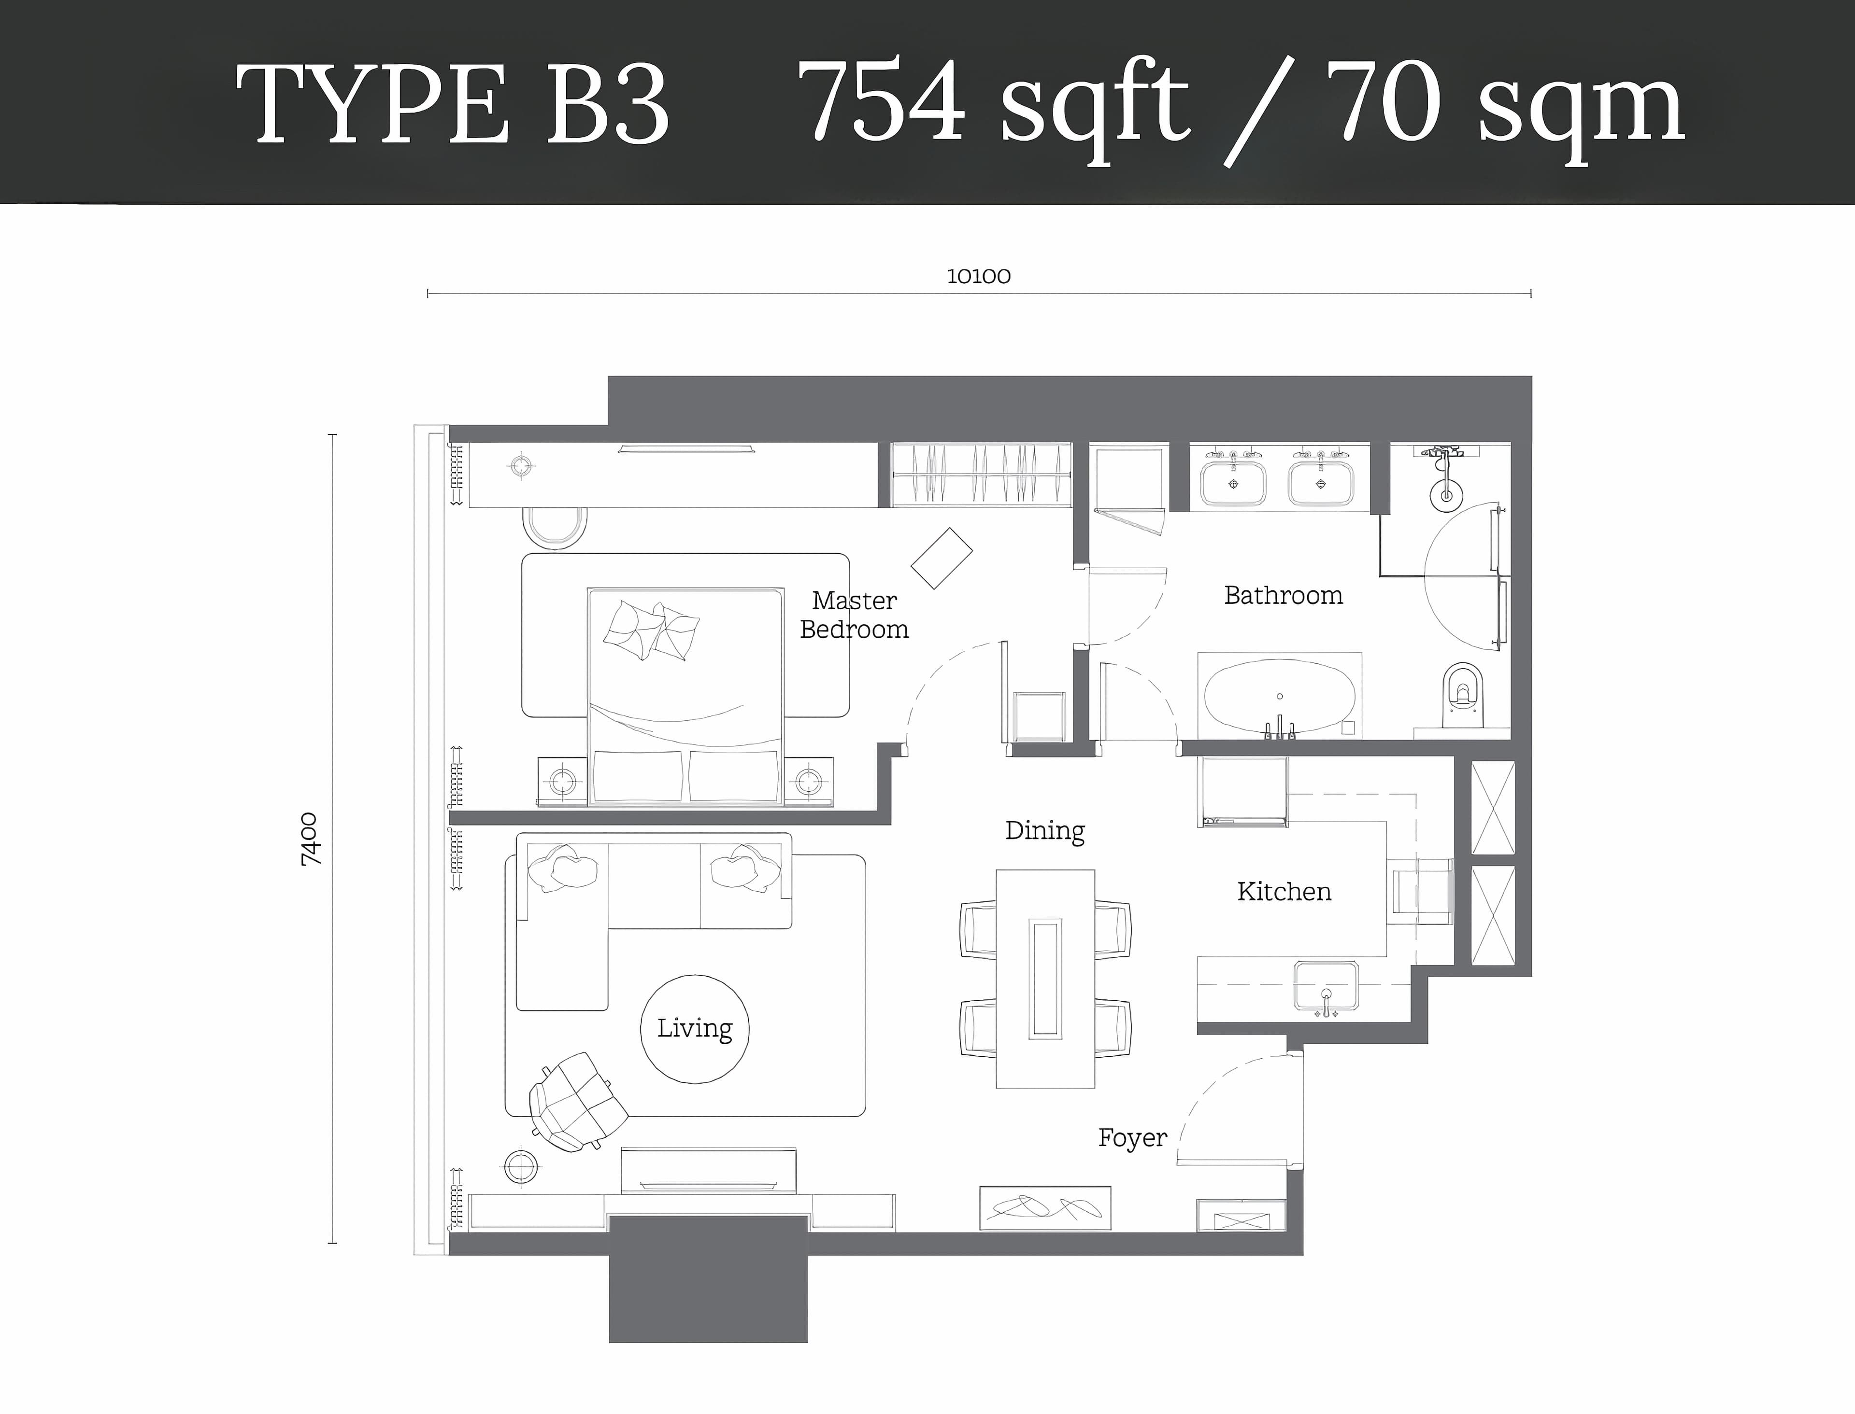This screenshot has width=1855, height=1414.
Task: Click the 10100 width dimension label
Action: (x=978, y=276)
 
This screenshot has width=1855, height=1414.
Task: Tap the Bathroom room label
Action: (x=1283, y=595)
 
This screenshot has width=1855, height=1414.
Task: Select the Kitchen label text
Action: (x=1284, y=891)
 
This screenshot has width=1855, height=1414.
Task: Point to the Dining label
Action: (x=1045, y=831)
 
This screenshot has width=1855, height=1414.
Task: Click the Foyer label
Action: (x=1132, y=1138)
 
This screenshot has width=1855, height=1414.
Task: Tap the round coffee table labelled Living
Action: (x=695, y=1028)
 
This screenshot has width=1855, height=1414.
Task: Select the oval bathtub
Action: (x=1280, y=697)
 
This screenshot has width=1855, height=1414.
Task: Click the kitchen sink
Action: (x=1326, y=986)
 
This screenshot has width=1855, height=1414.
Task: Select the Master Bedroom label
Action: (x=854, y=615)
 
